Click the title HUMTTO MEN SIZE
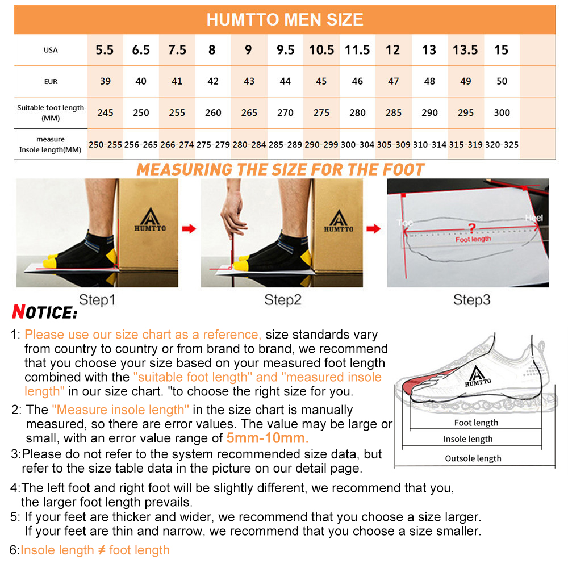pos(285,19)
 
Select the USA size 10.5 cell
pos(321,50)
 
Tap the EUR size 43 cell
pos(249,81)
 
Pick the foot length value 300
pos(502,112)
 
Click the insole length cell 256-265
pos(141,145)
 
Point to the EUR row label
pos(51,81)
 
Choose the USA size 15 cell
pos(501,50)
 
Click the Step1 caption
pos(97,300)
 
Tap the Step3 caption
pos(471,300)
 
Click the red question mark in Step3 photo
pos(471,228)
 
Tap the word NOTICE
pos(45,312)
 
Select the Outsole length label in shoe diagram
pos(473,458)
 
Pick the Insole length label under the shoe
pos(468,439)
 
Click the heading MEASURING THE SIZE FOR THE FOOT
pos(281,169)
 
